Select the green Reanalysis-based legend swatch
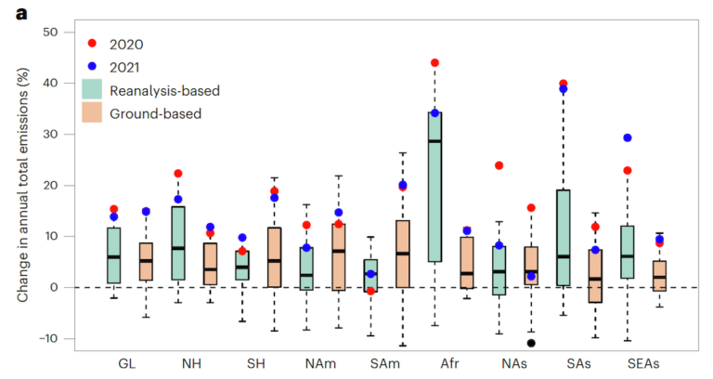(x=91, y=89)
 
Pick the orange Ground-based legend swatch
(x=91, y=113)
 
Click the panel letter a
(x=8, y=12)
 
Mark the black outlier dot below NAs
(x=531, y=343)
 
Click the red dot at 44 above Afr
(x=434, y=63)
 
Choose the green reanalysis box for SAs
(x=563, y=237)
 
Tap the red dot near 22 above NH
(x=178, y=174)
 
